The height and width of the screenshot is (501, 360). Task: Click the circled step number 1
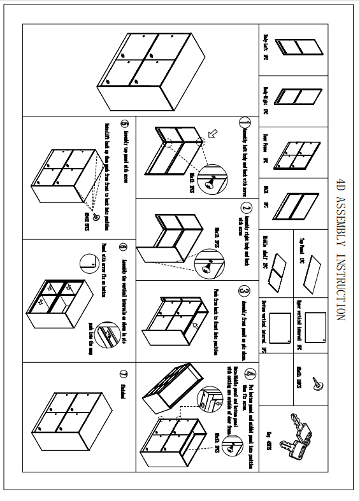click(x=244, y=122)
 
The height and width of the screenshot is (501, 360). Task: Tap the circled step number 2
click(x=246, y=208)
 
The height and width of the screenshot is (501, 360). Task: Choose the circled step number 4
click(x=250, y=374)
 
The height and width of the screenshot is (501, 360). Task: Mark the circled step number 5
click(x=125, y=125)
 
